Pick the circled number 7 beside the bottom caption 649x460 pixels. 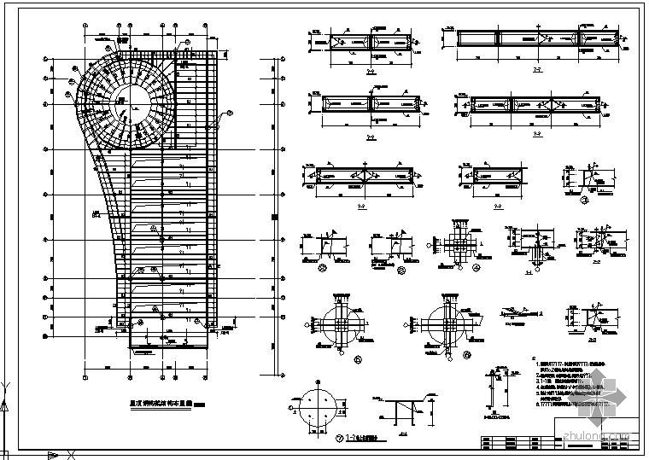click(317, 439)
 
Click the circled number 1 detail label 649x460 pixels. click(583, 202)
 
